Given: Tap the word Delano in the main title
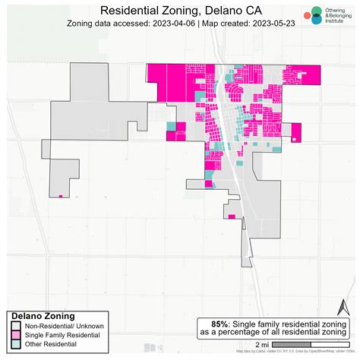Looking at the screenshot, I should (x=219, y=11).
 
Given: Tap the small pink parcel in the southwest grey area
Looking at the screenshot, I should (x=60, y=196).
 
